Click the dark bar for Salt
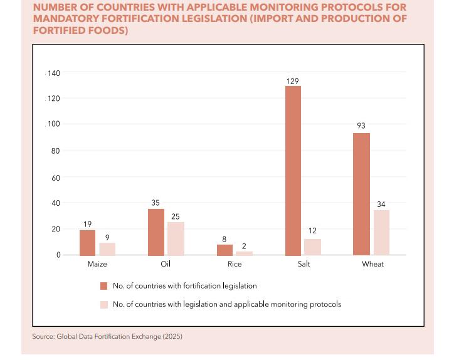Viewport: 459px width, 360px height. coord(293,171)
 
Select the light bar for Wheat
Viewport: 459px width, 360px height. coord(381,233)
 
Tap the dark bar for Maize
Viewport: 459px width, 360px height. coord(88,243)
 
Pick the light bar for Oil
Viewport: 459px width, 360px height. coord(176,238)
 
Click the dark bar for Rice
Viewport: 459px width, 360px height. coord(224,250)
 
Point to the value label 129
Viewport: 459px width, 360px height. coord(293,81)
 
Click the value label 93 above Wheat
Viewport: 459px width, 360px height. coord(361,126)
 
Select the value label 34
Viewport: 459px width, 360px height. coord(381,204)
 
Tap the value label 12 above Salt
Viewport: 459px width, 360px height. coord(312,231)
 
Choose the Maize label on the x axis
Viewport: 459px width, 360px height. coord(97,264)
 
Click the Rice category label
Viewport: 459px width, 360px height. coord(235,264)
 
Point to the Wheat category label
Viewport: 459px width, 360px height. coord(372,264)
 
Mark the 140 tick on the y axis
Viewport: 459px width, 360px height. coord(54,73)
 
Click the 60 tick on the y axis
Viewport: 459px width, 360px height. coord(56,178)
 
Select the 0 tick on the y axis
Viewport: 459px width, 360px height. coord(58,255)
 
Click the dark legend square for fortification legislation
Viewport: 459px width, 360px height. coord(104,286)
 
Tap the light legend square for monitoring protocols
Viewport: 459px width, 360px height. coord(104,305)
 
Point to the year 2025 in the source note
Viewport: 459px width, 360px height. coord(172,337)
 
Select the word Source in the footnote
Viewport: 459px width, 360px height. coord(43,337)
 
